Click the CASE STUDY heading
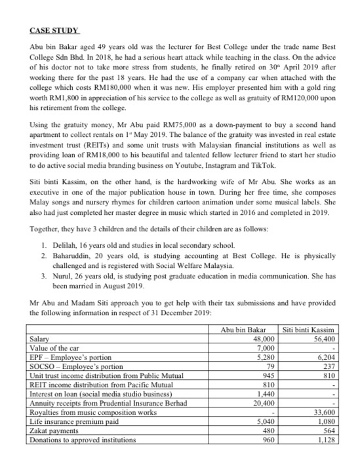pyautogui.click(x=54, y=31)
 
